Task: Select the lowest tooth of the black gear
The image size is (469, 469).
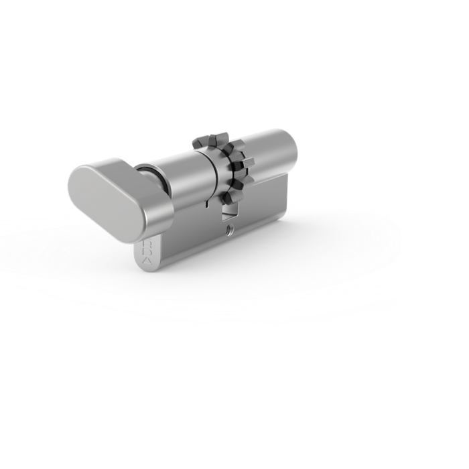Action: [228, 198]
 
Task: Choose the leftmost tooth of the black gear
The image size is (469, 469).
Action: [198, 143]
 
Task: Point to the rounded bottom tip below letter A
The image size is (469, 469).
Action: [149, 265]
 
